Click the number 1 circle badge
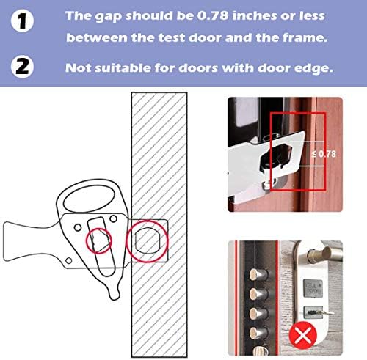click(x=22, y=21)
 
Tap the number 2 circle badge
click(x=22, y=67)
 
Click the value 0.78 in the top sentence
click(x=213, y=16)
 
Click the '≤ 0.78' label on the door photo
click(x=324, y=154)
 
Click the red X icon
click(x=303, y=335)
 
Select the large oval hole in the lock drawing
click(x=89, y=200)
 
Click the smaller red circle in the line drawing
click(x=99, y=241)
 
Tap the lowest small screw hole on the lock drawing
click(x=69, y=260)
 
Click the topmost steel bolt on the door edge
click(x=258, y=274)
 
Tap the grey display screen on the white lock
click(x=313, y=288)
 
